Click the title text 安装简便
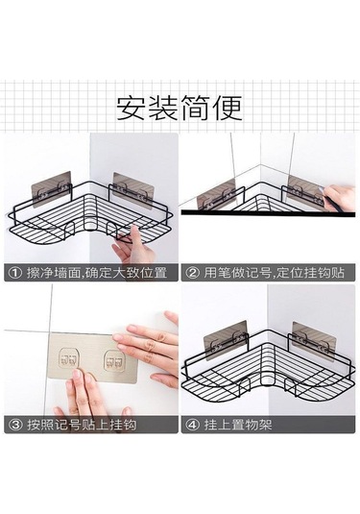180,104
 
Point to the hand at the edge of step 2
341,200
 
